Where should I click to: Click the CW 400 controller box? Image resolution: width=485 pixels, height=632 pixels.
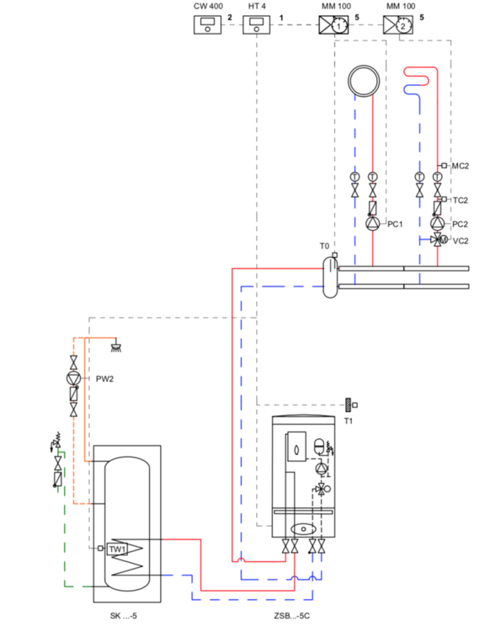pyautogui.click(x=207, y=25)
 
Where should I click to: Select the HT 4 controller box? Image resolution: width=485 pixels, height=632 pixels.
pyautogui.click(x=256, y=25)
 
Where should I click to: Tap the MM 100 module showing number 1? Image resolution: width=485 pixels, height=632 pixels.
pyautogui.click(x=334, y=25)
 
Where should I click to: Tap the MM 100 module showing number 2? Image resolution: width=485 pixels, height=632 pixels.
pyautogui.click(x=398, y=25)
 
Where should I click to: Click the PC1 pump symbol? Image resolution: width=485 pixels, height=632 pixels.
pyautogui.click(x=373, y=223)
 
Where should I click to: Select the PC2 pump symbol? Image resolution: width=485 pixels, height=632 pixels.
pyautogui.click(x=438, y=223)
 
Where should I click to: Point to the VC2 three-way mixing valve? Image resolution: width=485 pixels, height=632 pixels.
pyautogui.click(x=439, y=240)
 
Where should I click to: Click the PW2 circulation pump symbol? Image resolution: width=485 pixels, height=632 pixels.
pyautogui.click(x=73, y=378)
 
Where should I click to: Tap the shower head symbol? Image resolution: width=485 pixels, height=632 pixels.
pyautogui.click(x=116, y=347)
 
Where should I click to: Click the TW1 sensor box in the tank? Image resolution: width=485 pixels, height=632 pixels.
pyautogui.click(x=117, y=549)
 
